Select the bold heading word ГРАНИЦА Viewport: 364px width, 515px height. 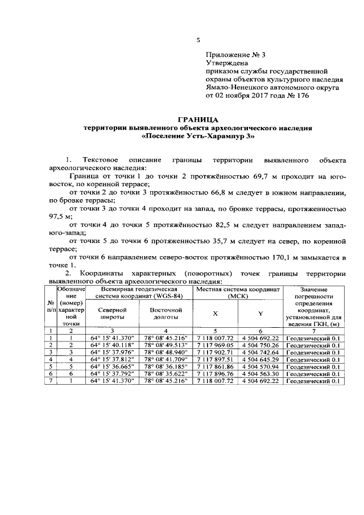tap(198, 120)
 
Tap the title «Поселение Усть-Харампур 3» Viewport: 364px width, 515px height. tap(198, 137)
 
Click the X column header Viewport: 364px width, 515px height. tap(215, 314)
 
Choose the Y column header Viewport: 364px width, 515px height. tap(260, 314)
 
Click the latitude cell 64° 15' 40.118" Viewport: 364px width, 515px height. tap(112, 345)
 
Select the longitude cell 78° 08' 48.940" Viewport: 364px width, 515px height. tap(166, 352)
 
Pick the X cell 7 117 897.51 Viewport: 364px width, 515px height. tap(216, 360)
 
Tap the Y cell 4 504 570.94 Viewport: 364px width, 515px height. tap(260, 367)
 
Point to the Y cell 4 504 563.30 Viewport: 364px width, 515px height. tap(260, 374)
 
